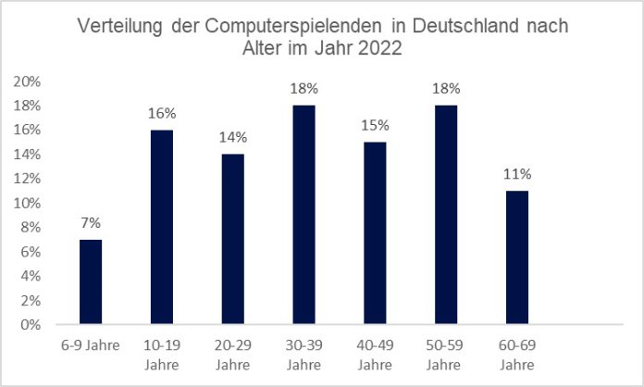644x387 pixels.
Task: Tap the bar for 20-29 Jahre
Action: pyautogui.click(x=231, y=240)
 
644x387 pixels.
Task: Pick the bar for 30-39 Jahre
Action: pyautogui.click(x=304, y=216)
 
